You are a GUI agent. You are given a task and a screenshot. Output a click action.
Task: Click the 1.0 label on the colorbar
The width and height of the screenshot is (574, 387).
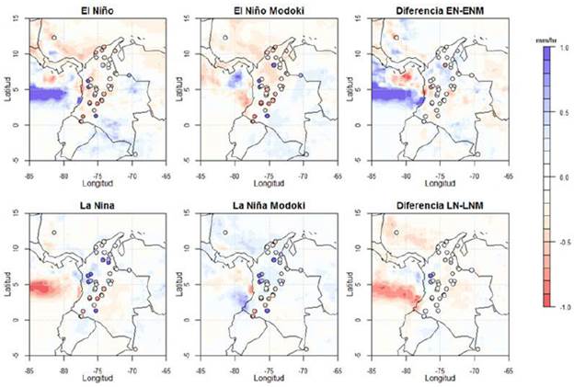tap(563, 47)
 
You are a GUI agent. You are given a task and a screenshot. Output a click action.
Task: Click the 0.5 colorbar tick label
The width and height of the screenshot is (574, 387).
tap(563, 112)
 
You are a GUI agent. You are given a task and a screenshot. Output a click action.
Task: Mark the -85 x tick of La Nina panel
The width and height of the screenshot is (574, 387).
tap(29, 366)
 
